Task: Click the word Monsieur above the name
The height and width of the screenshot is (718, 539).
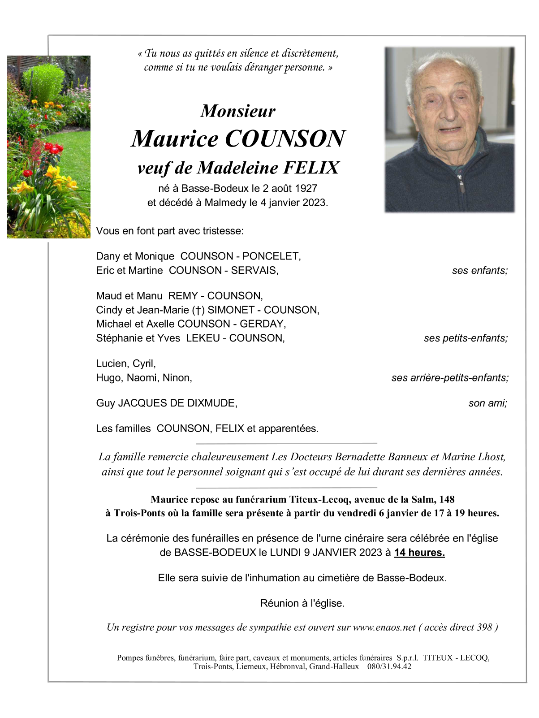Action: click(x=237, y=111)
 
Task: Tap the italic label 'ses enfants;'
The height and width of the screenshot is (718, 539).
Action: click(x=479, y=271)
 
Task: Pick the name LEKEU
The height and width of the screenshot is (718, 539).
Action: click(x=203, y=338)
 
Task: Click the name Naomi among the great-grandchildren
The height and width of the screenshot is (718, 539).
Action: click(x=142, y=378)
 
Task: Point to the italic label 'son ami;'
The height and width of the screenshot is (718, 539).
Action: click(x=487, y=403)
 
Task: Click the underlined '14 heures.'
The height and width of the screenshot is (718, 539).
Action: click(x=419, y=553)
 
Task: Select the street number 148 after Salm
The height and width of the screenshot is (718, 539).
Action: click(x=447, y=500)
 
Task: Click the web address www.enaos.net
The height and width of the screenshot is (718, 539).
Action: click(x=384, y=627)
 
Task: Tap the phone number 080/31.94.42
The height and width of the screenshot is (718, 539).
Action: click(x=389, y=666)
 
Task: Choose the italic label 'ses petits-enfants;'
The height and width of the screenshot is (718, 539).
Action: click(x=466, y=338)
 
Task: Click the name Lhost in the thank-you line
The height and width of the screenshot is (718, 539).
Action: click(x=492, y=457)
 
